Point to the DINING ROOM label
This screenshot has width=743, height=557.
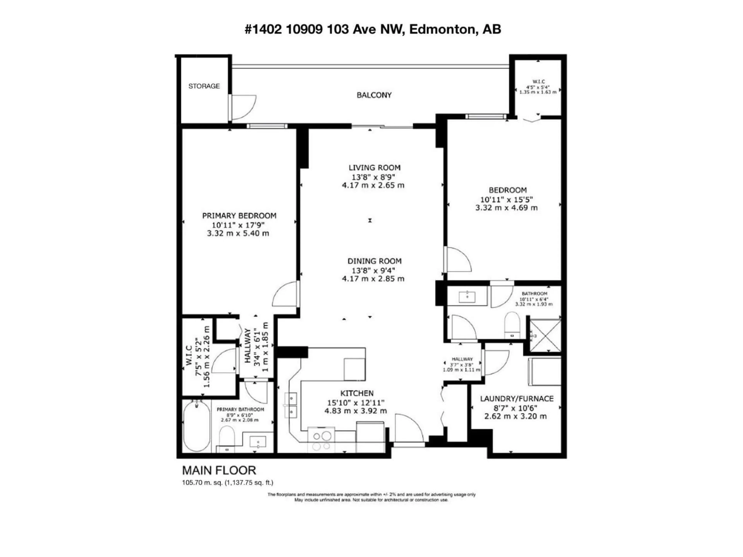pos(374,261)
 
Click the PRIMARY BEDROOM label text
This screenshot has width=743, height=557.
pos(239,216)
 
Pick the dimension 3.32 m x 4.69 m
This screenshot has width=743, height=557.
pos(506,208)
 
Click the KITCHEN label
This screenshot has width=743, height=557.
pos(357,393)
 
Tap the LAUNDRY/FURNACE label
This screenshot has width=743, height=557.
pos(517,399)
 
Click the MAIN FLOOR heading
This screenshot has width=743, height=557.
pos(219,470)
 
